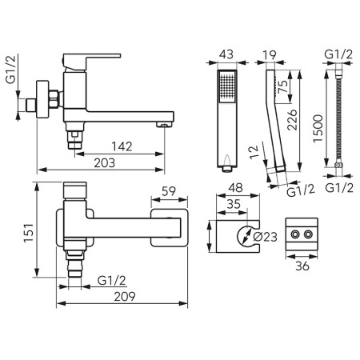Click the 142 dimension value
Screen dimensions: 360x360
point(122,146)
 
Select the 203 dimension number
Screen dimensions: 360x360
point(105,163)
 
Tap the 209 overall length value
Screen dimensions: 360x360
point(125,297)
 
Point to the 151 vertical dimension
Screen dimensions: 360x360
point(29,233)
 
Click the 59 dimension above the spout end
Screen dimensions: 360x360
point(169,191)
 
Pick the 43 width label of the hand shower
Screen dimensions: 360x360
point(226,54)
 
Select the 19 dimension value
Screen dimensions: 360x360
point(270,55)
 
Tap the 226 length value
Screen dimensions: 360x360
point(292,120)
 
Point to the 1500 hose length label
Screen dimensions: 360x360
point(318,129)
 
